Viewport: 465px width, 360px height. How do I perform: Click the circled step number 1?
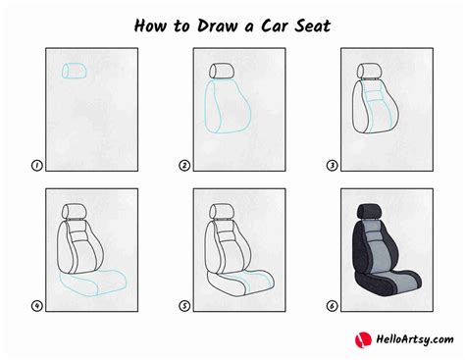(x=37, y=167)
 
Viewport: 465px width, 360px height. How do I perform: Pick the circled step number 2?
(x=184, y=167)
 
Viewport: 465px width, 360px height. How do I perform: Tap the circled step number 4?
(x=37, y=305)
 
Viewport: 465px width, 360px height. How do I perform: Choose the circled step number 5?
(x=184, y=305)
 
